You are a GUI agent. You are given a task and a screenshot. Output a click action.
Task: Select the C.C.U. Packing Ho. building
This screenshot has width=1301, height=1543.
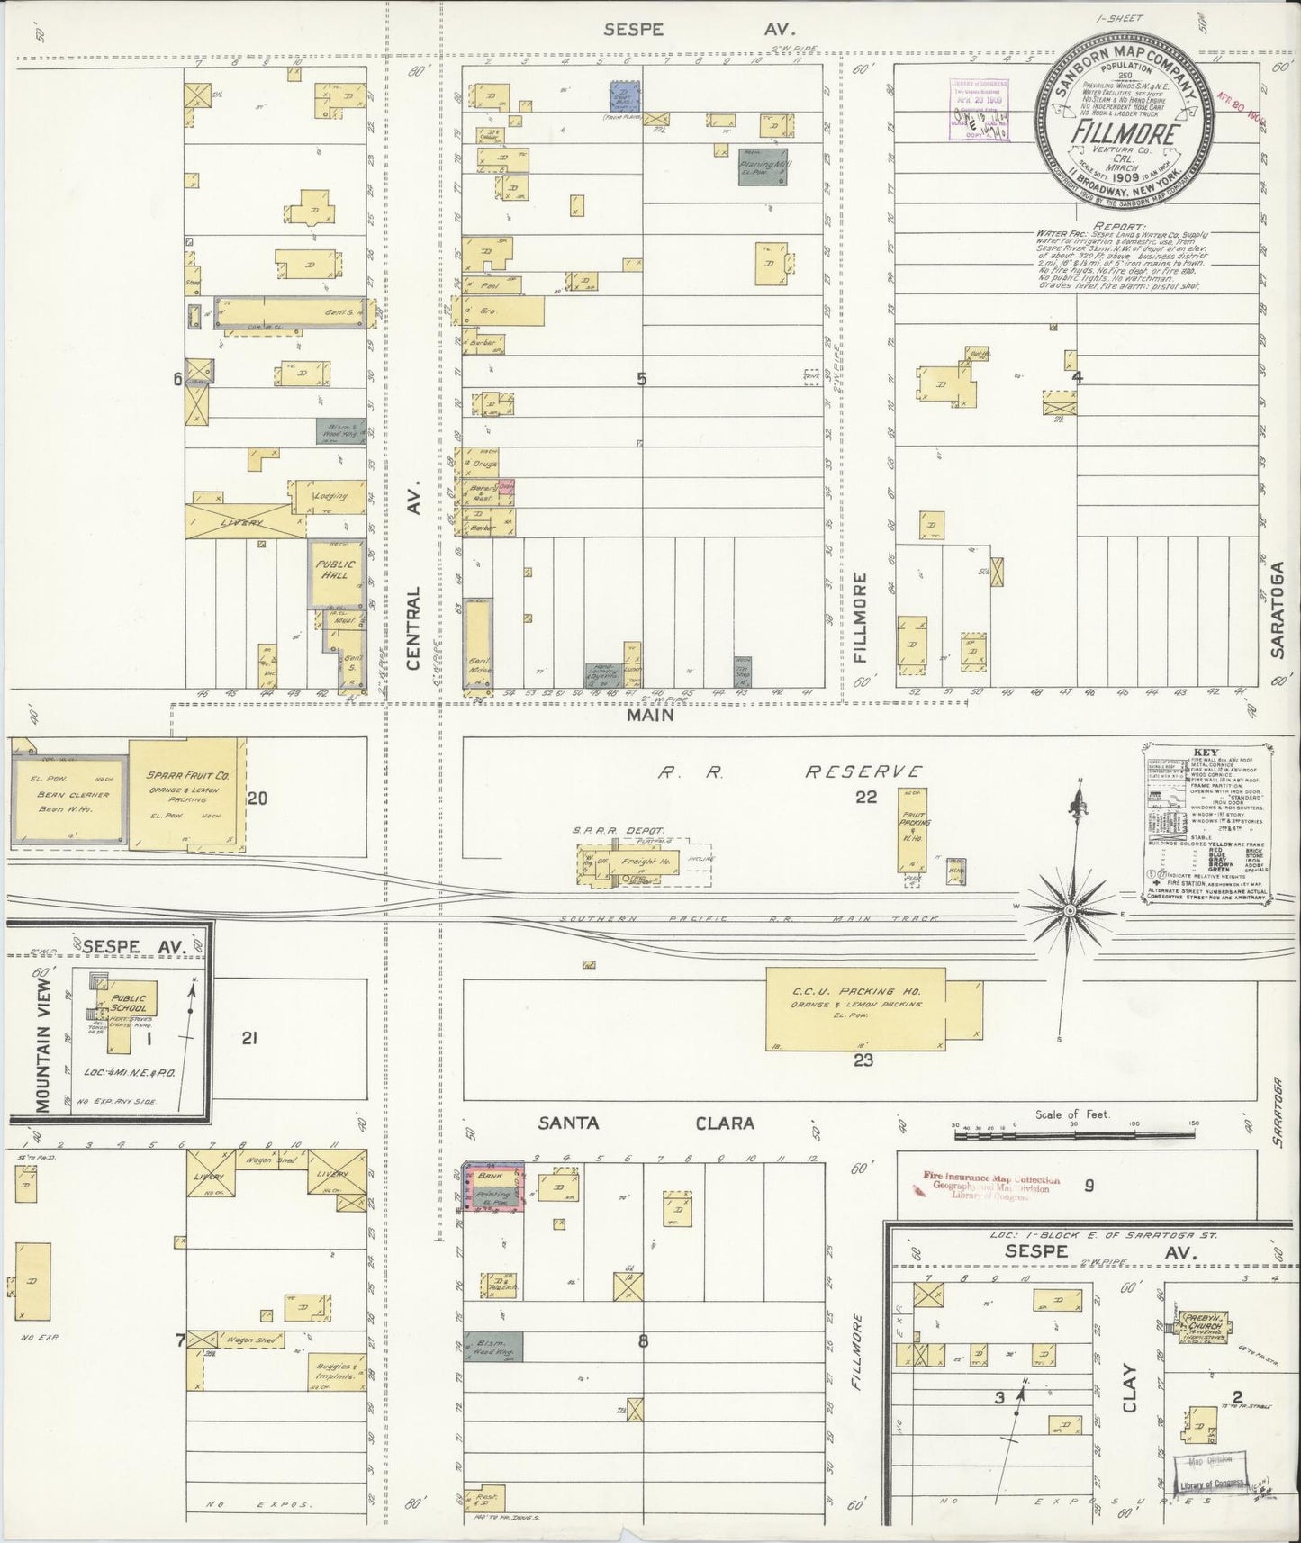(855, 1008)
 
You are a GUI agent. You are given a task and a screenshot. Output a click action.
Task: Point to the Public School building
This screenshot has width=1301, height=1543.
(131, 1013)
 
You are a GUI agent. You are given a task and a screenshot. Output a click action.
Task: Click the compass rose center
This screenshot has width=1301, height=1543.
(1069, 912)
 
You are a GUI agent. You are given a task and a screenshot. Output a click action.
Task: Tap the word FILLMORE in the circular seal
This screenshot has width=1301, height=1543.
(1125, 135)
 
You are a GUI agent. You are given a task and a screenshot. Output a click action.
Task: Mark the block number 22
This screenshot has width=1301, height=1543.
(865, 796)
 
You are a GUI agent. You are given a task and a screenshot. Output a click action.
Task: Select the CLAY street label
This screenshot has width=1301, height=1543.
(1130, 1391)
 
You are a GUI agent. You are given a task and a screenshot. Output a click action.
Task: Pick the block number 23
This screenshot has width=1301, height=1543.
(863, 1060)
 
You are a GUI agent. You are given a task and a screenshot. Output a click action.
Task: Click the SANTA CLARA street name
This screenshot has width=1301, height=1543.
(645, 1123)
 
